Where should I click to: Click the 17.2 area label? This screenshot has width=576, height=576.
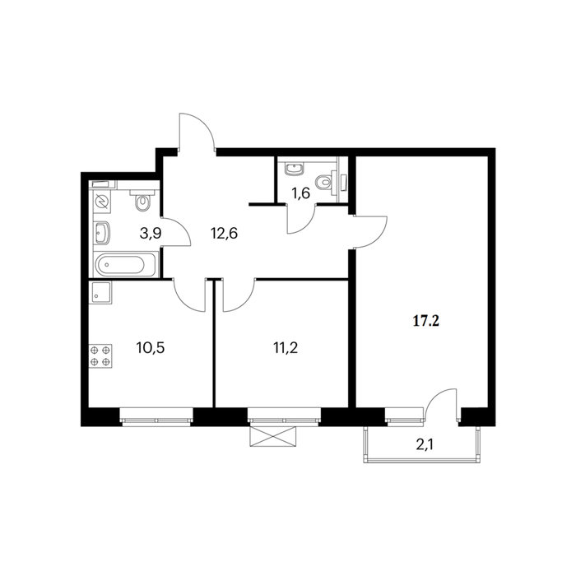coord(426,322)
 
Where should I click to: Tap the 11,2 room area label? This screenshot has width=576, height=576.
coord(286,346)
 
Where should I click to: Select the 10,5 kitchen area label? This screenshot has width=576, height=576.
coord(151,346)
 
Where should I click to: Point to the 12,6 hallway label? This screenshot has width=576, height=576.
coord(224,233)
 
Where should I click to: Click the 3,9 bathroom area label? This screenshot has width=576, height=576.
coord(151,233)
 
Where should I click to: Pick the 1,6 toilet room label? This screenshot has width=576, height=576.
coord(301,193)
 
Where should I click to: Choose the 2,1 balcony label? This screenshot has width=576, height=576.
coord(425,445)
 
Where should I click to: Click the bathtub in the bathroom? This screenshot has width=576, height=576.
coord(124,264)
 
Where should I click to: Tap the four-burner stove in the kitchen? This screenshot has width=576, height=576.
coord(100,356)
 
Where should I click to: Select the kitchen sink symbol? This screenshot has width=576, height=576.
coord(100,292)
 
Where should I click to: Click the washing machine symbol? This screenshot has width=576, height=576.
coord(101,202)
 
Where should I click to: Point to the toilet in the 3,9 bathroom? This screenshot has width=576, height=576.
coord(142,200)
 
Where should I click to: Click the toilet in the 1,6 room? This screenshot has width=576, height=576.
coord(326,182)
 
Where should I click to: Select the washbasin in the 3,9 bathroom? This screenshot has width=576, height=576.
coord(102,233)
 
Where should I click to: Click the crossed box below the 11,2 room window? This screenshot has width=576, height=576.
coord(272,436)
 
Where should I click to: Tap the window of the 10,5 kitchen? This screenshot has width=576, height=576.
coord(156,417)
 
